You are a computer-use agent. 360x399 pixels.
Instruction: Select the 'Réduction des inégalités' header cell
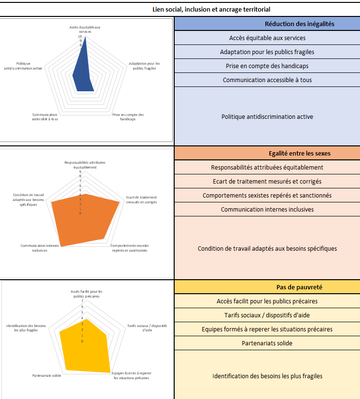coord(267,24)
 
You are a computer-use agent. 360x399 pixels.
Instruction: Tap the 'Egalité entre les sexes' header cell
coord(267,153)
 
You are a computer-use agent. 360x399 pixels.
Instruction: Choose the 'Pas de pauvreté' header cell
coord(267,287)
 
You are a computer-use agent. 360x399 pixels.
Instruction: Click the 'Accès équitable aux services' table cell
coord(267,38)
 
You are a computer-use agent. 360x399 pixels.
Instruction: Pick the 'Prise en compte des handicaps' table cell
coord(267,66)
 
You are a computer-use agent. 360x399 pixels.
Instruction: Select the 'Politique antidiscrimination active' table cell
coord(267,116)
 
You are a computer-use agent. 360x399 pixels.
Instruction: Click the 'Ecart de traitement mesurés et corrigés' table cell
coord(267,181)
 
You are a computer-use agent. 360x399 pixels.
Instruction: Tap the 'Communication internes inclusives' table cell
coord(267,209)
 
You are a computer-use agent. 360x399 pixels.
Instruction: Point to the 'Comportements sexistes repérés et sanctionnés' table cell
coord(267,195)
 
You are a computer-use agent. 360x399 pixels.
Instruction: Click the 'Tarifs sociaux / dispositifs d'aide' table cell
coord(267,315)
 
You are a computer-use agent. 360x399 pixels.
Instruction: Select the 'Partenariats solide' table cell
coord(267,343)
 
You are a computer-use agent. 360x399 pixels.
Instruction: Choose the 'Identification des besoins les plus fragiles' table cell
coord(267,376)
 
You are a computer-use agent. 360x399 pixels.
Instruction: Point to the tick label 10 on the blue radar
coord(80,36)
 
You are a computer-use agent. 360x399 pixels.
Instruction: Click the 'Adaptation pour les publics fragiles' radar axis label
coord(144,66)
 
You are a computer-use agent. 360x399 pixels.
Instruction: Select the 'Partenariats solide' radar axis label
coord(46,375)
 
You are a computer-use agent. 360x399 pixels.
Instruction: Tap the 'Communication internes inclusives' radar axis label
coord(40,248)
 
